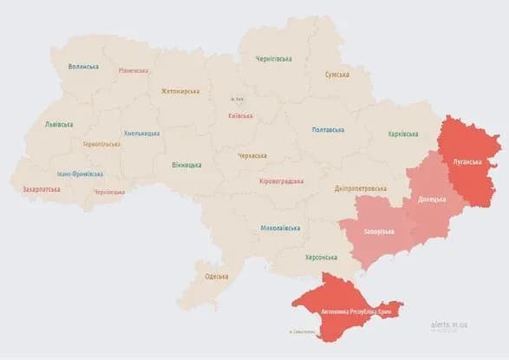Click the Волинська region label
(x=83, y=66)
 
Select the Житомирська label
(x=180, y=90)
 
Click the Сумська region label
(x=336, y=75)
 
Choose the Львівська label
(x=59, y=125)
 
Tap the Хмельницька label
(x=141, y=133)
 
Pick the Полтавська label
(x=328, y=130)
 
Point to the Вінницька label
(x=186, y=164)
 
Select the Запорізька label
(x=378, y=231)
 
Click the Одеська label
(x=216, y=276)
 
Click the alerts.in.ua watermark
(x=448, y=324)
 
